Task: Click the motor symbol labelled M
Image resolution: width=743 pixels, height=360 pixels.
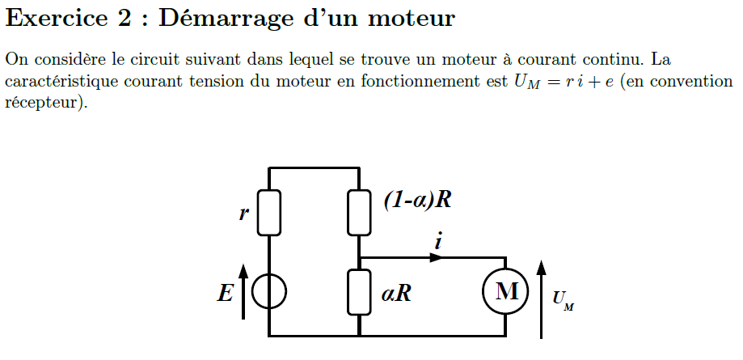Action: point(506,291)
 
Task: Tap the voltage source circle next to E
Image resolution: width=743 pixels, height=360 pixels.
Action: point(268,292)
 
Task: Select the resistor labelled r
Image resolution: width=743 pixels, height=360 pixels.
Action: point(268,213)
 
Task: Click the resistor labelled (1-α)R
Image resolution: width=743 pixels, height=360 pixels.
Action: point(359,213)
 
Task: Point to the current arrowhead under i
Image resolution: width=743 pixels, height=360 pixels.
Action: point(437,257)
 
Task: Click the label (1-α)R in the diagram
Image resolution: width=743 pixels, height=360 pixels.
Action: point(416,201)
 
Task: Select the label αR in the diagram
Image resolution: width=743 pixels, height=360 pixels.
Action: point(396,293)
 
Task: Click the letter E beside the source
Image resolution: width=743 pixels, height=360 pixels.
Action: point(224,293)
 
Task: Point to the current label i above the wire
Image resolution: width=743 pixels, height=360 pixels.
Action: point(437,241)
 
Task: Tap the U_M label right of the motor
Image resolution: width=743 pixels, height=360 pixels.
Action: point(564,301)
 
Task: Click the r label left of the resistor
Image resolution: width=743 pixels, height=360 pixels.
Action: point(243,214)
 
